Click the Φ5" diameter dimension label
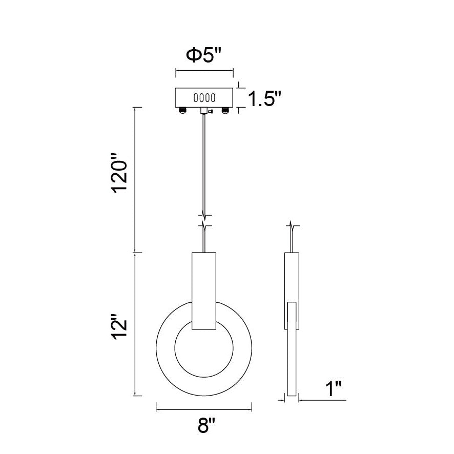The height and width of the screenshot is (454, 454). (204, 55)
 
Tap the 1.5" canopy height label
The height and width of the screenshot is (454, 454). (264, 98)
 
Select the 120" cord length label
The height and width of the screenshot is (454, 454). (120, 173)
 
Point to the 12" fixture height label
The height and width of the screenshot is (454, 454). (120, 326)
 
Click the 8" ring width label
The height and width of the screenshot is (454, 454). (207, 425)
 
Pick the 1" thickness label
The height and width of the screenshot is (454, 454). (334, 388)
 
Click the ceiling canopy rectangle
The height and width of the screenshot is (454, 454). (204, 97)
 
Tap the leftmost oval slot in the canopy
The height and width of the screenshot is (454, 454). (195, 97)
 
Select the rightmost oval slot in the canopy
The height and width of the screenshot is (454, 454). (213, 97)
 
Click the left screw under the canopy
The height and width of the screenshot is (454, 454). (182, 110)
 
